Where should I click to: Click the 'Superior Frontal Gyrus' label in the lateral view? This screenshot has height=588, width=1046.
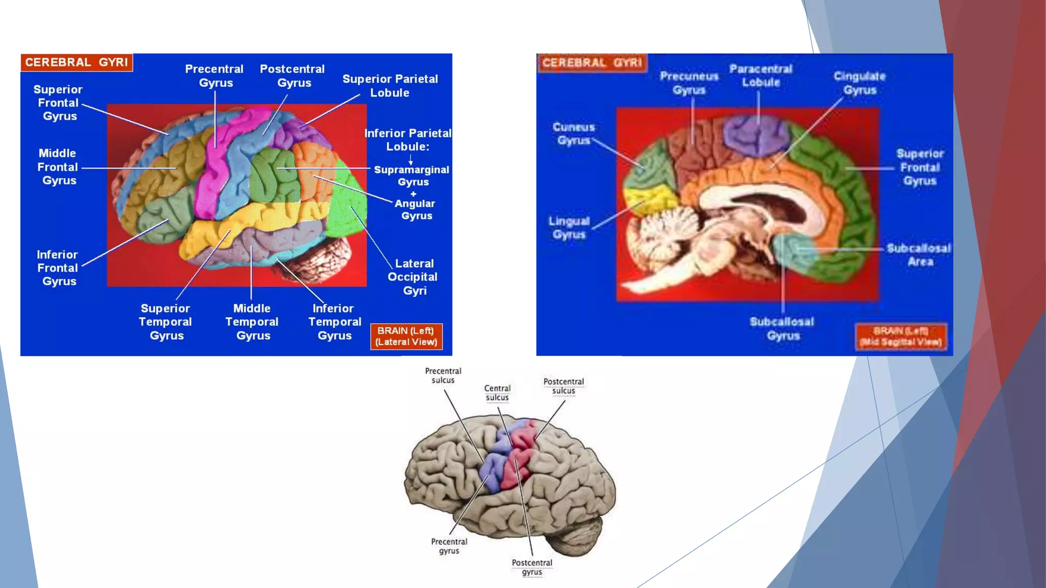pyautogui.click(x=58, y=103)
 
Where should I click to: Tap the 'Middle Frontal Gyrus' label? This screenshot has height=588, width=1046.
pyautogui.click(x=58, y=167)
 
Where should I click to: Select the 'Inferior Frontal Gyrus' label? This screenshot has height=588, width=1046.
pyautogui.click(x=58, y=268)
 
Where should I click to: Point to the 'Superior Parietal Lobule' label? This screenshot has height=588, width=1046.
pyautogui.click(x=390, y=86)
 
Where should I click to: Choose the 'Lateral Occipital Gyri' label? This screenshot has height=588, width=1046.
pyautogui.click(x=413, y=277)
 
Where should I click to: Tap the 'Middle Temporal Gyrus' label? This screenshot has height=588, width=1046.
pyautogui.click(x=252, y=322)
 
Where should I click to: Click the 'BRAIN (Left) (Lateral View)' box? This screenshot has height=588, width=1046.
pyautogui.click(x=407, y=336)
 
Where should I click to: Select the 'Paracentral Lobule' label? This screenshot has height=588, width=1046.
pyautogui.click(x=760, y=76)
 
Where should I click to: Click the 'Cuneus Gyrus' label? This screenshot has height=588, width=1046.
pyautogui.click(x=574, y=134)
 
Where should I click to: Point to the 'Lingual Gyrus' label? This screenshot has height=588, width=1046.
pyautogui.click(x=569, y=228)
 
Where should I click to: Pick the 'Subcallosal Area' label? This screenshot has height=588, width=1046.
pyautogui.click(x=918, y=255)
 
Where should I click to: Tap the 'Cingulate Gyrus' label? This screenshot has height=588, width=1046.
pyautogui.click(x=860, y=83)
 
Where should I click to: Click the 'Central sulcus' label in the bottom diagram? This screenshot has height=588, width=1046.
pyautogui.click(x=497, y=393)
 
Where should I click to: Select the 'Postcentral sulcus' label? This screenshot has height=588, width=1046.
pyautogui.click(x=563, y=386)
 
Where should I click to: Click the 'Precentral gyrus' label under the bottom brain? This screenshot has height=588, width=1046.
pyautogui.click(x=449, y=546)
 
